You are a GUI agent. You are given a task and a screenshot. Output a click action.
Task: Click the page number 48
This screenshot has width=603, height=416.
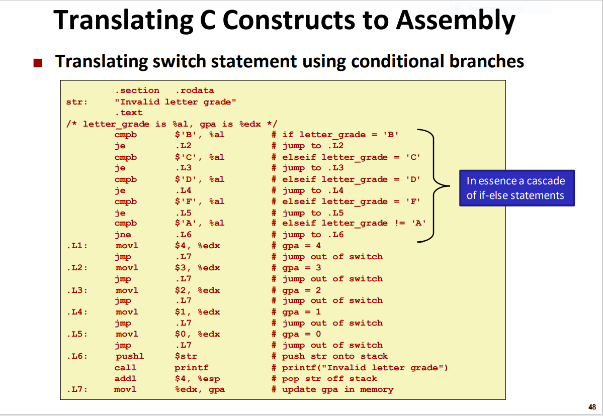click(591, 407)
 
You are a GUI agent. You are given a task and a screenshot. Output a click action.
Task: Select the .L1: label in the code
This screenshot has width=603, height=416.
click(76, 246)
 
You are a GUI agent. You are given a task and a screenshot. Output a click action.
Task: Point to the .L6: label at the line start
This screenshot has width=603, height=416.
click(76, 356)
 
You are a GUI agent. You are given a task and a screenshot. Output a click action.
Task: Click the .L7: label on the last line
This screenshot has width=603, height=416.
click(76, 389)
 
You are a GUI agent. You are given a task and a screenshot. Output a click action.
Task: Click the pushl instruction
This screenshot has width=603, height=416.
click(129, 356)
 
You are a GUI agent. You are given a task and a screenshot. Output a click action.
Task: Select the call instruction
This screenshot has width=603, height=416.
click(125, 368)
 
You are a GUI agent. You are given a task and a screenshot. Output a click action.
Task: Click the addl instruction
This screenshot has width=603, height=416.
click(125, 379)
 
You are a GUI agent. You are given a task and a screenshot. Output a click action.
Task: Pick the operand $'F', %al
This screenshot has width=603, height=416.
click(199, 201)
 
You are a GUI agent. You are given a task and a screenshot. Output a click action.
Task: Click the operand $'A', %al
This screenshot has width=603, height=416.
click(199, 223)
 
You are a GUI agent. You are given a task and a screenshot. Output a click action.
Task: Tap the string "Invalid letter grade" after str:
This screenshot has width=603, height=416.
click(176, 102)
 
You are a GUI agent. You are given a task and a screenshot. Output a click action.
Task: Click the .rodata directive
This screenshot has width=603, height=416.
click(194, 90)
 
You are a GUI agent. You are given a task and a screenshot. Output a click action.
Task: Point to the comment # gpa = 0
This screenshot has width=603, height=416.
click(296, 334)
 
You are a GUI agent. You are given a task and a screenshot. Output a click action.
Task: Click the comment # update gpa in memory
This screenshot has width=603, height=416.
click(332, 389)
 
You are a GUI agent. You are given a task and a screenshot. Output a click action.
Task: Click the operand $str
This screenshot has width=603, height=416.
click(186, 356)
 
